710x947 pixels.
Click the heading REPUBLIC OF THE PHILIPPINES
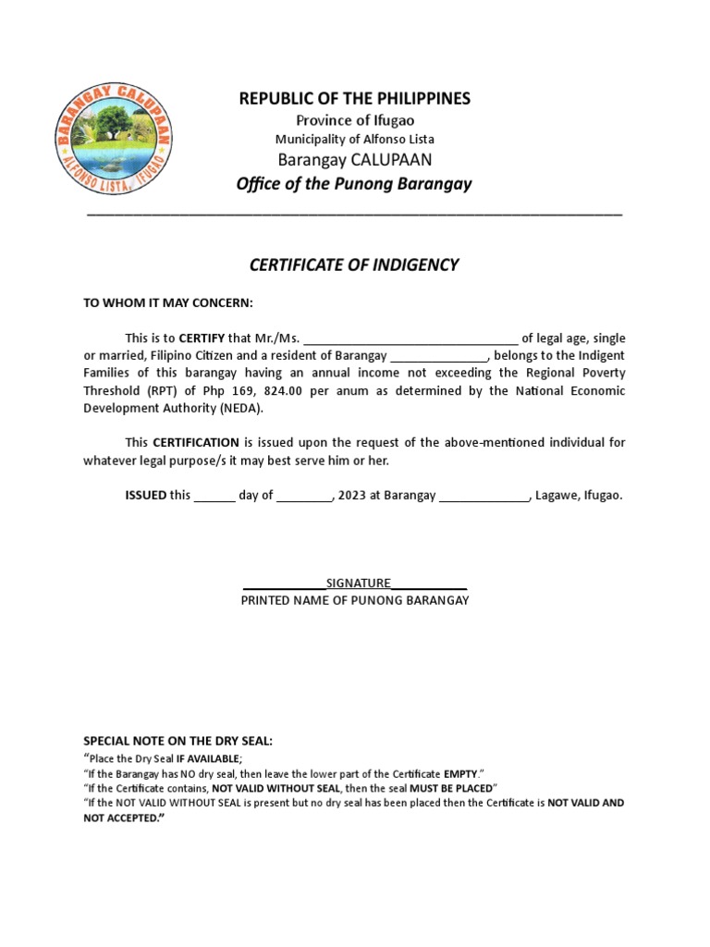coord(355,98)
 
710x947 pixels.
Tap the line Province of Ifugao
coord(355,120)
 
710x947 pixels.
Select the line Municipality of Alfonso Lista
coord(355,139)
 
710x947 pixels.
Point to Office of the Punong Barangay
coord(354,183)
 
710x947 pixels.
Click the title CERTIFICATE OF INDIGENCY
coord(354,265)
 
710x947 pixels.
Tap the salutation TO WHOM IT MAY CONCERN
coord(167,303)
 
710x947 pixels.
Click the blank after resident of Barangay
coord(438,355)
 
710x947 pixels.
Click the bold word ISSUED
coord(145,495)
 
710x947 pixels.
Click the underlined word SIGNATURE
coord(358,583)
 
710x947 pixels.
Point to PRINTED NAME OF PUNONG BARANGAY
coord(355,600)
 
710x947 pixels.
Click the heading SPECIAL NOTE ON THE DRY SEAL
coord(178,741)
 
